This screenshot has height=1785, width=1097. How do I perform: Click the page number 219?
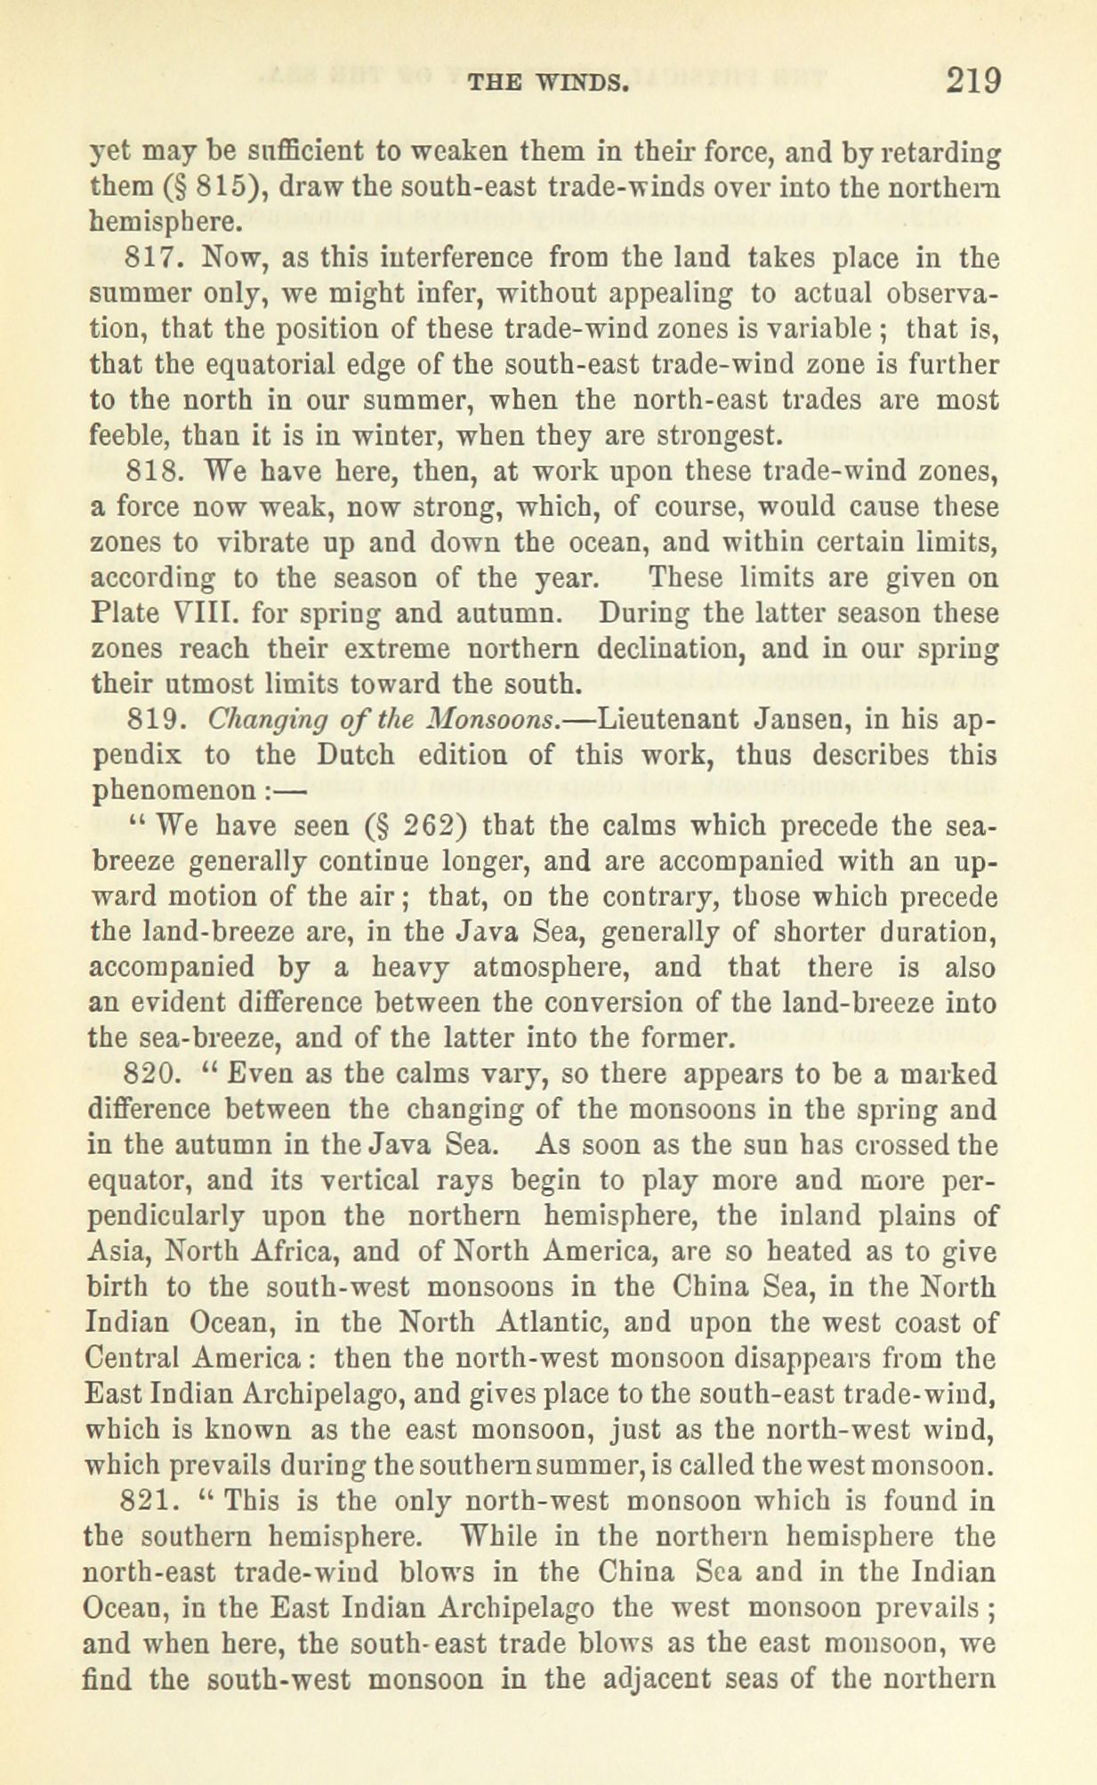(x=973, y=81)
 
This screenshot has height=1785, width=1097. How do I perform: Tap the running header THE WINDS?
(x=548, y=85)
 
